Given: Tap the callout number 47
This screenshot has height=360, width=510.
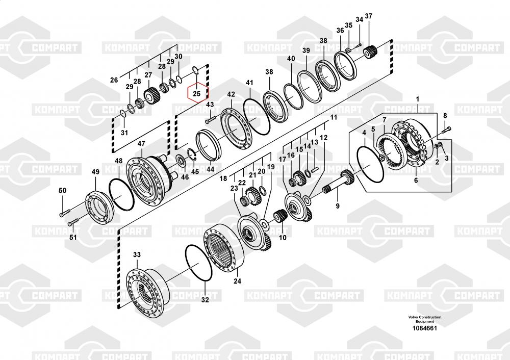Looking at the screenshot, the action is click(141, 144).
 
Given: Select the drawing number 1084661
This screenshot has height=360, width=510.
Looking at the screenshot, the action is click(424, 328).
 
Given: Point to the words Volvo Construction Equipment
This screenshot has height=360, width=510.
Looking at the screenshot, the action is click(425, 319).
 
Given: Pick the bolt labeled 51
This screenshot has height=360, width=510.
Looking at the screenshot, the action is click(73, 222).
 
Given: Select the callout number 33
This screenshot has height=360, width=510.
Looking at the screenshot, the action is click(137, 254).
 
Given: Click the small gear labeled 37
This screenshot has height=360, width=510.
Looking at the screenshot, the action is click(370, 52).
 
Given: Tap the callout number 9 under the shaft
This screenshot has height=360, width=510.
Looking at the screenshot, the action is click(338, 206).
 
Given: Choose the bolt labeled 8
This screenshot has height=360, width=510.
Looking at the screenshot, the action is click(446, 131).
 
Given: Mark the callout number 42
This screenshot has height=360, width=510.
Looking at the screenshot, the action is click(231, 95).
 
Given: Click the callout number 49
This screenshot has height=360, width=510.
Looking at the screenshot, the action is click(95, 172).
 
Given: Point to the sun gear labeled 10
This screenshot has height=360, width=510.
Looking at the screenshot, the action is click(279, 216).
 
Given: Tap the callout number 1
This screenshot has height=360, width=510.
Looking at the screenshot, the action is click(418, 99).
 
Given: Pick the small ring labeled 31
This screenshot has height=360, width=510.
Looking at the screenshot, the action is click(123, 113).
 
